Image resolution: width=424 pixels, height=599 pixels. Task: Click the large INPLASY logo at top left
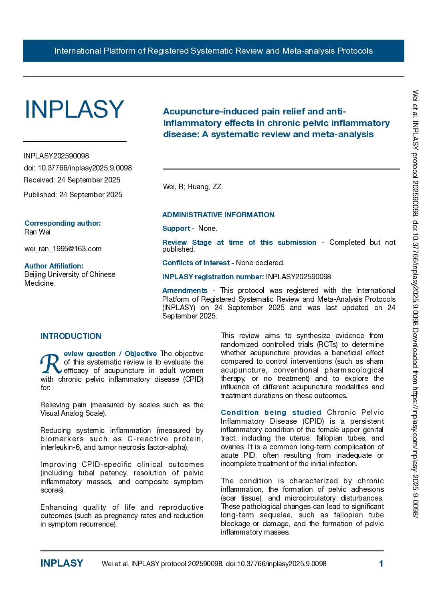point(74,109)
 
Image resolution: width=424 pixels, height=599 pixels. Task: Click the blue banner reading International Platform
point(213,51)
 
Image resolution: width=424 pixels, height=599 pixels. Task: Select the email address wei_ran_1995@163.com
point(63,249)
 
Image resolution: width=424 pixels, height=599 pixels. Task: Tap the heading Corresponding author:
point(63,223)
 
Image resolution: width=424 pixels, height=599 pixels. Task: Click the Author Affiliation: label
point(54,266)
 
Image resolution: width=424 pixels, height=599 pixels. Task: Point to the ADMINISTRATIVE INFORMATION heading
point(218,215)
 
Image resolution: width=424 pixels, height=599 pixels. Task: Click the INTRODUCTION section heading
point(71,336)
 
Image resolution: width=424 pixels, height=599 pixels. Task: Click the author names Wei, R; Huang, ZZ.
point(193,187)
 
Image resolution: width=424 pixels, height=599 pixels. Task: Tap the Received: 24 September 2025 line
point(72,180)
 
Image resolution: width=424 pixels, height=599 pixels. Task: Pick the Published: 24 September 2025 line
point(73,195)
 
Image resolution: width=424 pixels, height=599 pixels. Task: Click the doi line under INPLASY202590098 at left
point(78,168)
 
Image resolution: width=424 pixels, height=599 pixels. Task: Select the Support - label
point(178,228)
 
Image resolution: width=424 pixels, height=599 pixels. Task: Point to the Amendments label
point(185,290)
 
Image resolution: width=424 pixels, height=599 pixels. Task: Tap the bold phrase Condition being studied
point(271,413)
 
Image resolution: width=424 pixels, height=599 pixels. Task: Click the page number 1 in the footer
point(381,564)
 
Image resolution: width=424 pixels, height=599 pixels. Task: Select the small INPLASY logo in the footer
point(62,563)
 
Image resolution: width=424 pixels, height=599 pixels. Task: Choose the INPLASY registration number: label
point(213,277)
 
